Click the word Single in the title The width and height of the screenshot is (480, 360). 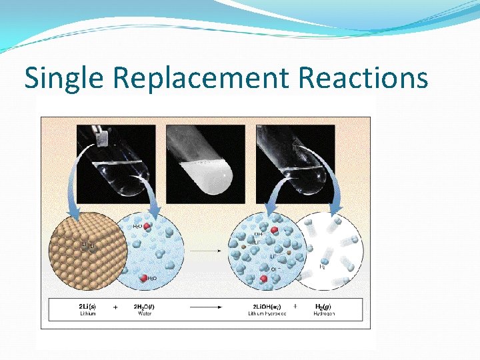65,78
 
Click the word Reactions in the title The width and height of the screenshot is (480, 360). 363,78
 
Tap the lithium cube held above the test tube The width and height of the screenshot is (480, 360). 102,138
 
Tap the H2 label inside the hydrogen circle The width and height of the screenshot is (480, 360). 322,267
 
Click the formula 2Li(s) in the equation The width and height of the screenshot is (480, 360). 87,306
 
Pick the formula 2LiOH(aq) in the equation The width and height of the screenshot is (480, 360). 267,306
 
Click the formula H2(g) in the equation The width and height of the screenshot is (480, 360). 324,306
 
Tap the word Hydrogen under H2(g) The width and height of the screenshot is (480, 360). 324,313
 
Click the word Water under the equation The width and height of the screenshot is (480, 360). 144,313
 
